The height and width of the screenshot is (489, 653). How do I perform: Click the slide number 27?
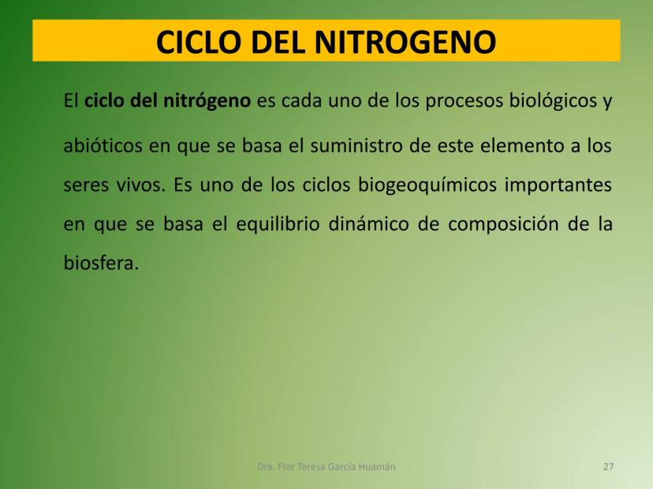pyautogui.click(x=608, y=467)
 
